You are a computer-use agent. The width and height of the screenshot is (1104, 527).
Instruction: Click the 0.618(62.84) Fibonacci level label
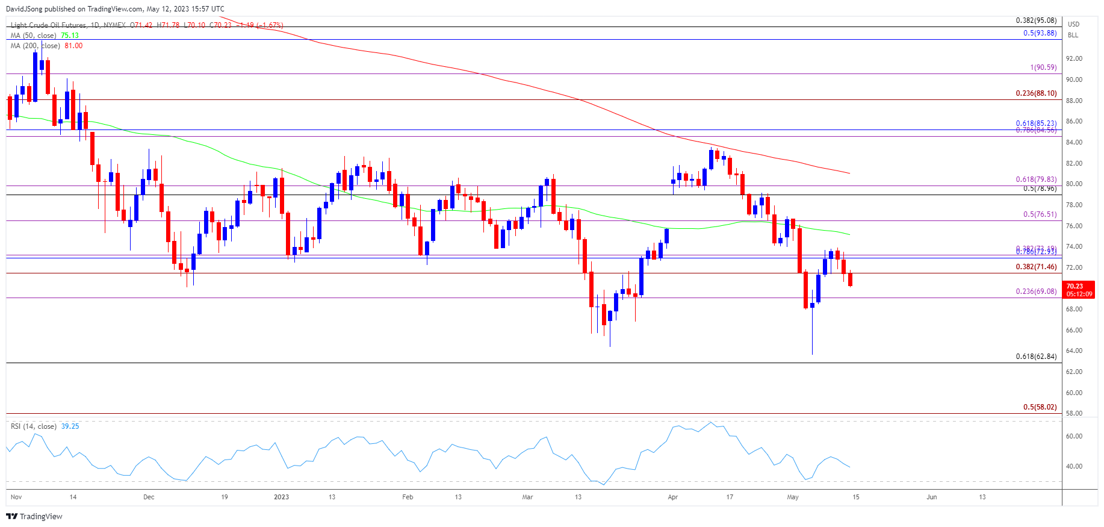click(1035, 357)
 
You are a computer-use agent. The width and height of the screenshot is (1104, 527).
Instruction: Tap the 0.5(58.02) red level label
click(1040, 407)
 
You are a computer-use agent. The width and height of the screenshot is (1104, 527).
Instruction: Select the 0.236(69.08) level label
click(1035, 292)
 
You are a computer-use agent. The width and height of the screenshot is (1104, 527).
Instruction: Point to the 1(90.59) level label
click(1043, 67)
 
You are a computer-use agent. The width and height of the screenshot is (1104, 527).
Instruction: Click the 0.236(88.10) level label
click(1035, 93)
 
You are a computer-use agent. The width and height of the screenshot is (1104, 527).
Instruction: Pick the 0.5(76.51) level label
click(1040, 214)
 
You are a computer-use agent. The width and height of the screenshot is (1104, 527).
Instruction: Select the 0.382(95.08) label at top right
click(1035, 20)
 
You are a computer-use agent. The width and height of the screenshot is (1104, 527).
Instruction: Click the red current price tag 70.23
click(1075, 287)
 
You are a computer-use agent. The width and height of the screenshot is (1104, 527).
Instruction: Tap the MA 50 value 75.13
click(70, 36)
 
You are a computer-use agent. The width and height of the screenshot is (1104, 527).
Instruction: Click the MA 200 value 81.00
click(73, 46)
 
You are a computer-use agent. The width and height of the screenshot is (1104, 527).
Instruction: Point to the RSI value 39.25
click(70, 426)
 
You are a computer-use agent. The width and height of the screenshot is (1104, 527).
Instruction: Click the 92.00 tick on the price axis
click(1074, 59)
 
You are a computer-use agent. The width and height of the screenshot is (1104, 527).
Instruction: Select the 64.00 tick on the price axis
click(1074, 351)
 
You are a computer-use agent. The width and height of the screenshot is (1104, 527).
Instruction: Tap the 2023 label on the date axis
click(281, 497)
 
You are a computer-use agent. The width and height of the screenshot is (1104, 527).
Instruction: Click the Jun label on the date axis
click(931, 497)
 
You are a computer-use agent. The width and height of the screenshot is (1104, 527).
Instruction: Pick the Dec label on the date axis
click(149, 497)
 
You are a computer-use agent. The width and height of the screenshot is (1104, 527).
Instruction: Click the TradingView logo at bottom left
click(34, 516)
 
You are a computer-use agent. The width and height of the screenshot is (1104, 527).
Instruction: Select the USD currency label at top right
click(1073, 24)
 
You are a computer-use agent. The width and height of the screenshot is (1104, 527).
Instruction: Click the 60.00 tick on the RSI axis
click(1074, 436)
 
